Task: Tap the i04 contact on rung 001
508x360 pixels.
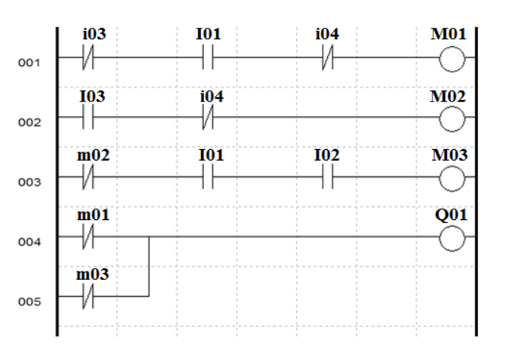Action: pyautogui.click(x=327, y=58)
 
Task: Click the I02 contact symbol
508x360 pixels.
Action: pyautogui.click(x=327, y=179)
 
